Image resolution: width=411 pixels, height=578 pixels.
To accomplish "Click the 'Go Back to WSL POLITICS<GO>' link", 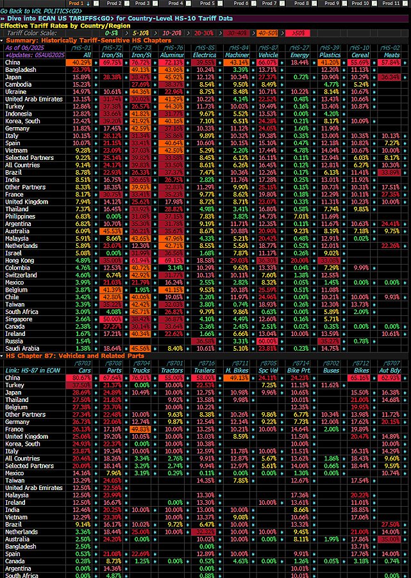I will (42, 11).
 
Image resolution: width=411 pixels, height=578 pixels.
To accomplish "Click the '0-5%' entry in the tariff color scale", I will (112, 32).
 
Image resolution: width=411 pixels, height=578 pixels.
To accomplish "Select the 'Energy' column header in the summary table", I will (299, 55).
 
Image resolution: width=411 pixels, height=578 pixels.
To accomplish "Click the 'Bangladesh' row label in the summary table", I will (21, 69).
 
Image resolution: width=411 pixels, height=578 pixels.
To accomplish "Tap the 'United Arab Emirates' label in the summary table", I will (34, 99).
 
